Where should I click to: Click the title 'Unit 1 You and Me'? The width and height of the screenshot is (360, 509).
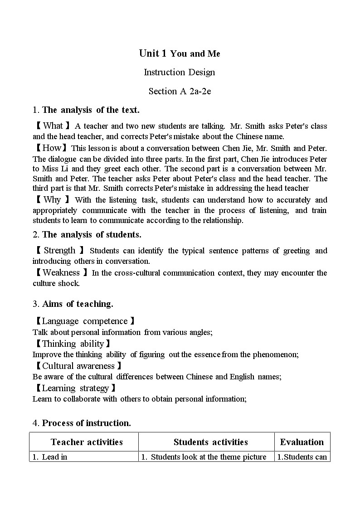pos(180,53)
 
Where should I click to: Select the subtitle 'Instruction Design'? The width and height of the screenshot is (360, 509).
pos(180,72)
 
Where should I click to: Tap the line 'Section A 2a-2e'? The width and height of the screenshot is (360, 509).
pos(180,91)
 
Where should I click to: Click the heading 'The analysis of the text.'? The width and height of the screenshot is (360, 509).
pos(91,110)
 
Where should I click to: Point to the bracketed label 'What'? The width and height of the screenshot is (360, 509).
pos(53,126)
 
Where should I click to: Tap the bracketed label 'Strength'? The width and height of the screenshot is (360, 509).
pos(59,251)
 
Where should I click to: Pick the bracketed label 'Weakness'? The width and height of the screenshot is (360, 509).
pos(61,272)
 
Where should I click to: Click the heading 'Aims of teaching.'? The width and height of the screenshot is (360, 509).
pos(78,304)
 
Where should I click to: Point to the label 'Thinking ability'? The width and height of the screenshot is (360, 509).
pos(72,344)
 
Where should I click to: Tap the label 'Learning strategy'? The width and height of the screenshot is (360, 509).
pos(75,388)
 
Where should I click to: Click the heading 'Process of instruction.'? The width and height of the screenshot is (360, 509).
pos(86,423)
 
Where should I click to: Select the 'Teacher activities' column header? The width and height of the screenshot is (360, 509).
pos(87,442)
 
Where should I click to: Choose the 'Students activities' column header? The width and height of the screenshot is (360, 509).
pos(210,442)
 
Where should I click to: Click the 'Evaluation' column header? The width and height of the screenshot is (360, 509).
pos(302,442)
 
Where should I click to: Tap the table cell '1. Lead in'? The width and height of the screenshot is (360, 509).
pos(54,457)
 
